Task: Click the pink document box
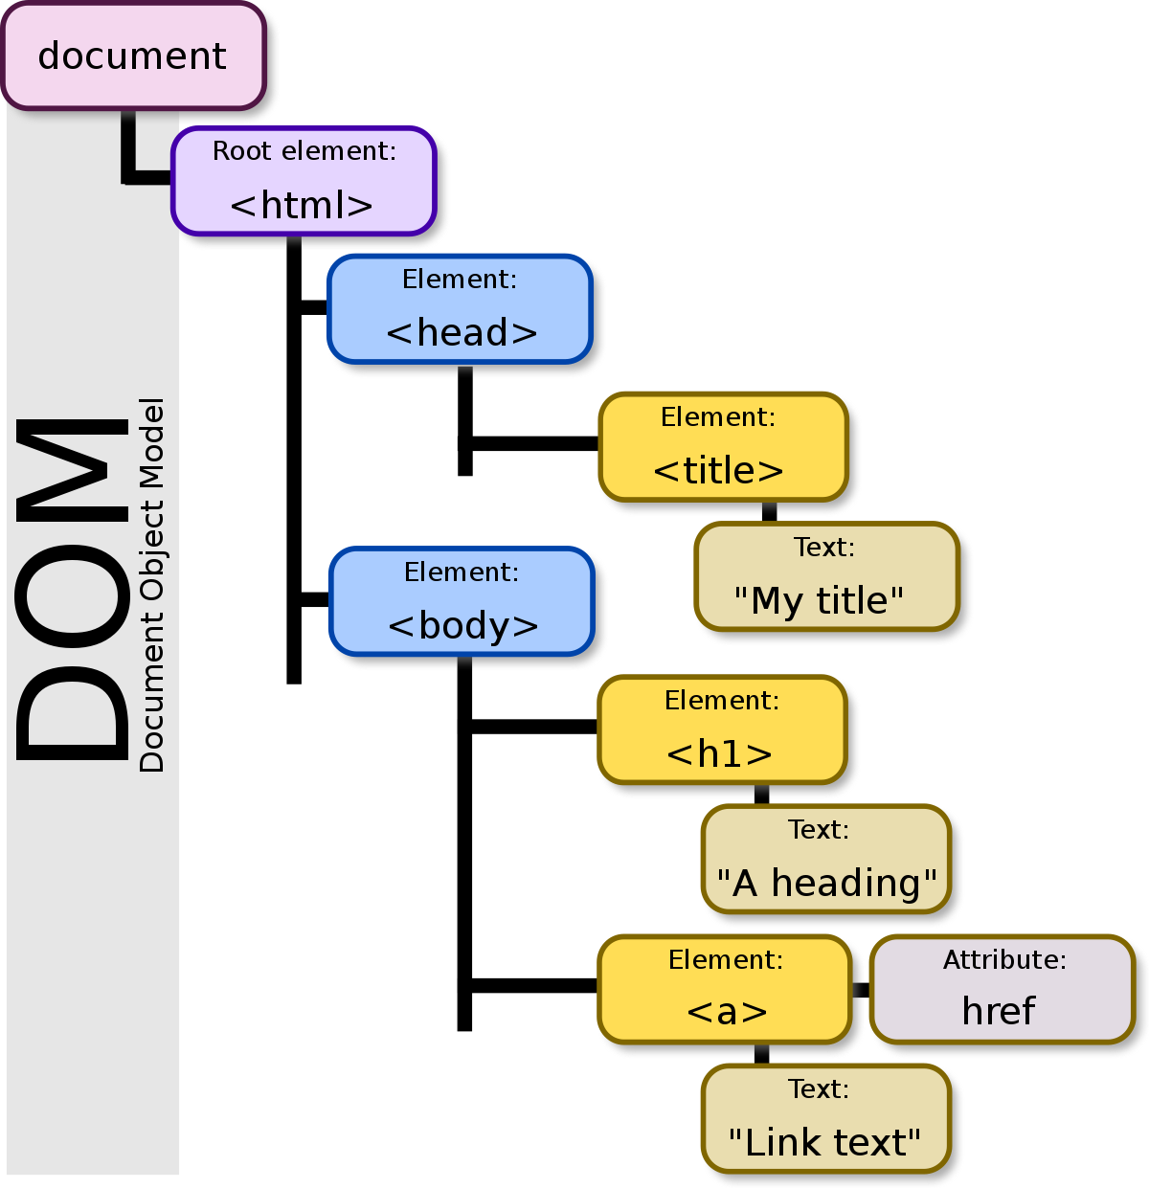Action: (132, 56)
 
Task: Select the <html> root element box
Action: (304, 182)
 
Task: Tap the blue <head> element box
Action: (460, 309)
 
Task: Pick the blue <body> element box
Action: (462, 602)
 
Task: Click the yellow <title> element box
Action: (723, 447)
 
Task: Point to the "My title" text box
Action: (826, 577)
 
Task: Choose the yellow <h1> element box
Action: (723, 730)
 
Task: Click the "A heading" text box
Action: (826, 860)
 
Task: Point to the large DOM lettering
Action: (75, 589)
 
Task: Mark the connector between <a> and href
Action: (860, 990)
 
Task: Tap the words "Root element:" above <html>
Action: (304, 151)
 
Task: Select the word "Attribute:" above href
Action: (1004, 960)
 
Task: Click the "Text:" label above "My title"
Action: (824, 548)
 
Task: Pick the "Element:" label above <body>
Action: (462, 572)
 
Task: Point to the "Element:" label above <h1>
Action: (722, 701)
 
